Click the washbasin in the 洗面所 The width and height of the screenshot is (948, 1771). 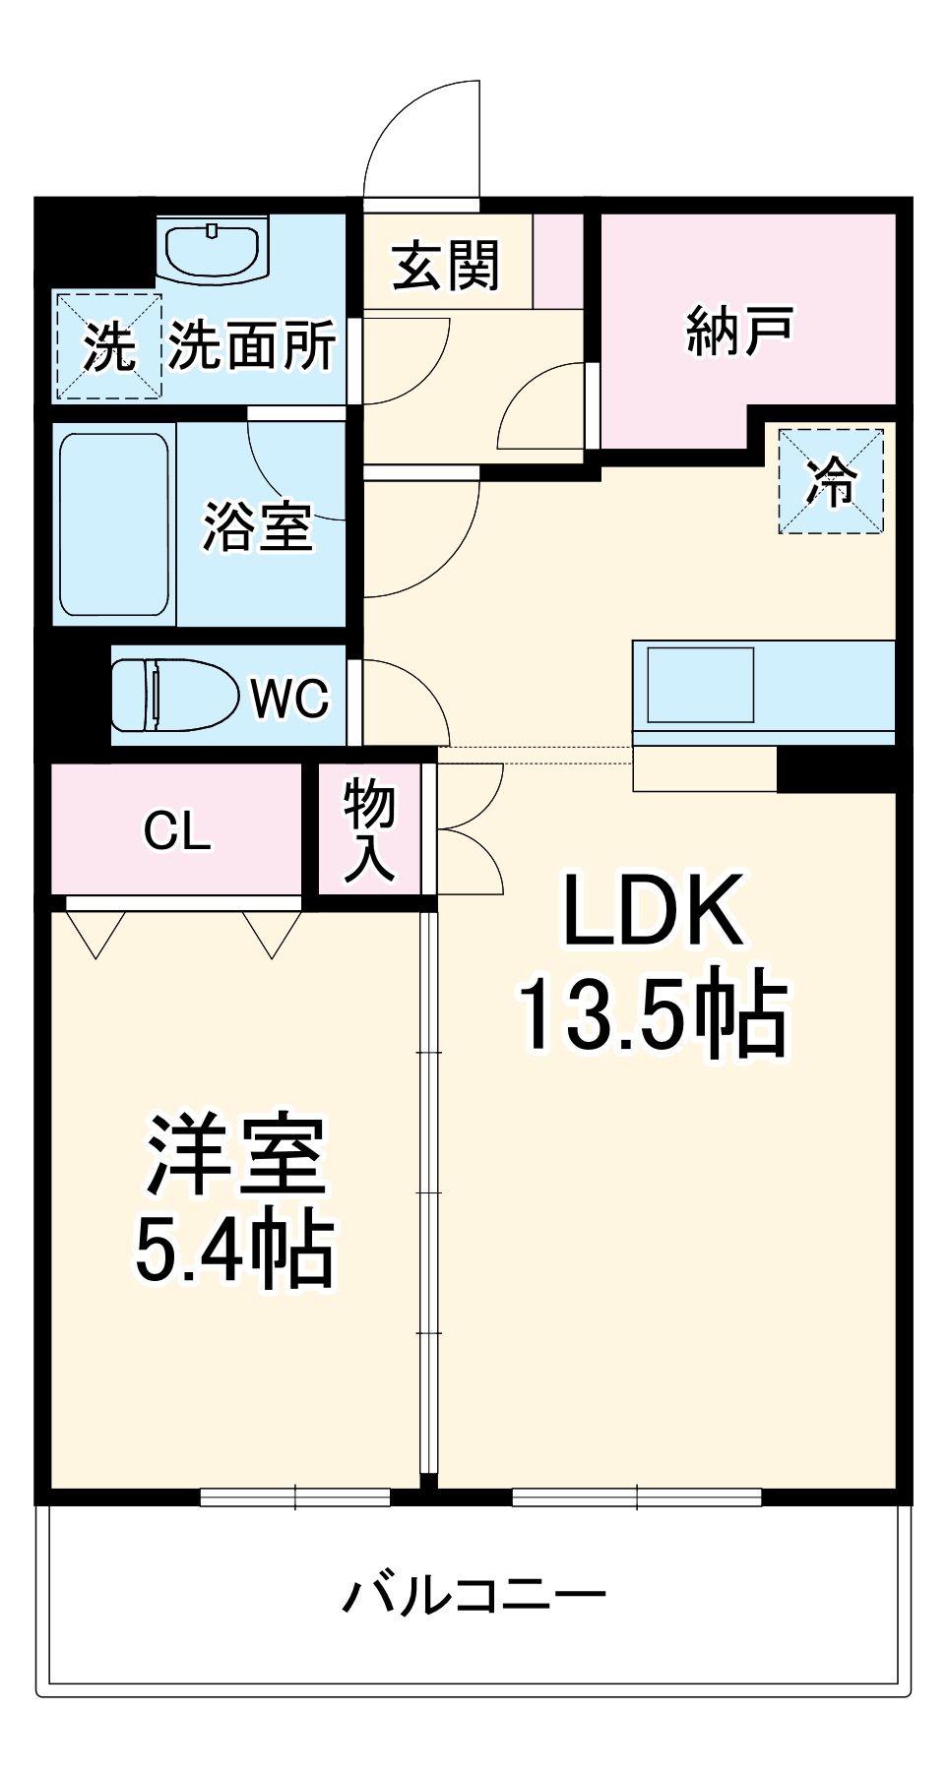212,251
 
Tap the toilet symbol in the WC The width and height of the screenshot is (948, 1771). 174,696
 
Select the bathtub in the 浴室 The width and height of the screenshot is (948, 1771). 113,524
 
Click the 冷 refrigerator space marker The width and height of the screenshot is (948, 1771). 831,481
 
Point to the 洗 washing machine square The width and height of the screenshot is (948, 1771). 107,346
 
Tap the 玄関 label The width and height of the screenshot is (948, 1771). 446,266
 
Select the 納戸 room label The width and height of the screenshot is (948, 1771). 739,331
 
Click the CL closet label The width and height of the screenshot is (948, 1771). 177,831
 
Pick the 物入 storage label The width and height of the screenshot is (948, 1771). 369,831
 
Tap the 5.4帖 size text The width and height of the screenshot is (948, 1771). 234,1252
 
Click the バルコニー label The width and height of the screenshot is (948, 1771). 474,1595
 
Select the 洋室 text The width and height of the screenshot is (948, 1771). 236,1155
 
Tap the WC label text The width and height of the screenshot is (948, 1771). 289,699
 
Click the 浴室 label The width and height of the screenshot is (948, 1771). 258,526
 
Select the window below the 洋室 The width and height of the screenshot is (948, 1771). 295,1497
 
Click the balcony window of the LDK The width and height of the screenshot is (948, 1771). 637,1497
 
